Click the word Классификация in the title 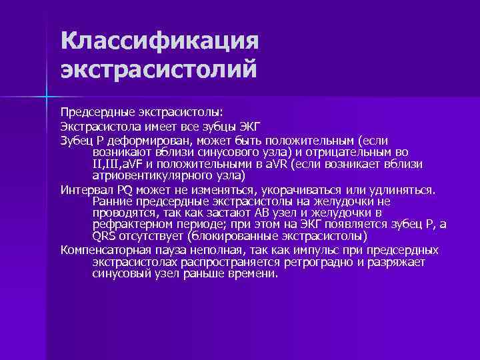[158, 41]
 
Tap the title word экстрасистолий [157, 69]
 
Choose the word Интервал [83, 189]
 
